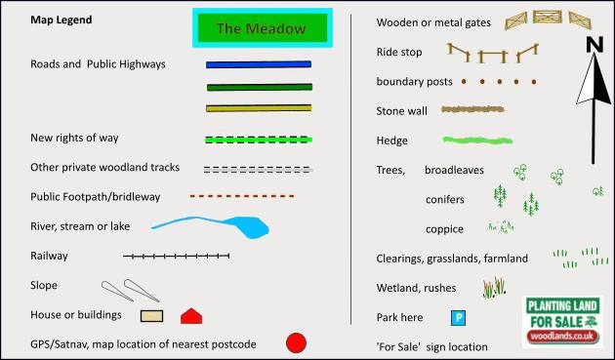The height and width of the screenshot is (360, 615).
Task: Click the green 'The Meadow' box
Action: click(x=263, y=28)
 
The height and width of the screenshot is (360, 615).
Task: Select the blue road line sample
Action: click(x=259, y=64)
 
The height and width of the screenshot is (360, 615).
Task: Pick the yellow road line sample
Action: click(x=259, y=108)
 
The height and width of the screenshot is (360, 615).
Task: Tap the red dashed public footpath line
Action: click(x=242, y=196)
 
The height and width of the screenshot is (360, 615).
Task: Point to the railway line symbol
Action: click(x=176, y=256)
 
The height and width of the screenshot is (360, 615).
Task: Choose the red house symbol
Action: click(x=191, y=316)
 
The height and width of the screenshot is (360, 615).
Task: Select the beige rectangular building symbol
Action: click(x=151, y=316)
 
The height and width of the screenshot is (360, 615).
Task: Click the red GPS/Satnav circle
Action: click(x=296, y=343)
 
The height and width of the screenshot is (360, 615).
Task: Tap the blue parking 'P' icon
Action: click(x=458, y=318)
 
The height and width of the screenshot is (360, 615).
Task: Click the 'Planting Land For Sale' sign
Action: click(x=563, y=322)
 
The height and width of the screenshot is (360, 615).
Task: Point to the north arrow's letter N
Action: click(x=594, y=44)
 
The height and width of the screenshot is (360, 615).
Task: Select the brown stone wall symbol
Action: click(x=472, y=109)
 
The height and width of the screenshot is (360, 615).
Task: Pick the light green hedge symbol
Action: click(x=477, y=140)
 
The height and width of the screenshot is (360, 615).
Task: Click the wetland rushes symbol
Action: click(x=494, y=288)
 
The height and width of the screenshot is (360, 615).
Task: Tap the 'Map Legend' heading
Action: click(x=61, y=20)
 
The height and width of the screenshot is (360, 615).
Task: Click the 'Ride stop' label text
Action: click(x=399, y=52)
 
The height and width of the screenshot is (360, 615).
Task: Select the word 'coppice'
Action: click(x=444, y=230)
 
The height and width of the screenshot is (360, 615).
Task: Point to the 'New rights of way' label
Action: click(x=74, y=138)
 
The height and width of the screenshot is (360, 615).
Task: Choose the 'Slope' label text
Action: click(x=44, y=286)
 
